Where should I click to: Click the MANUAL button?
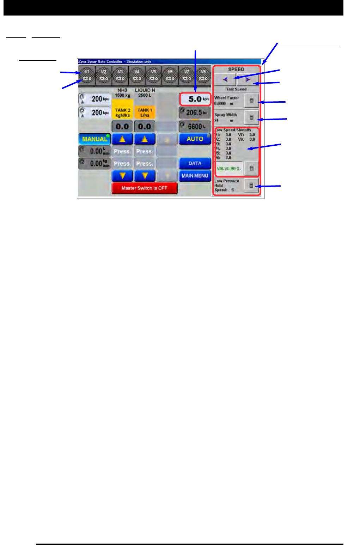(94, 139)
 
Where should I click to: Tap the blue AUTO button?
(195, 139)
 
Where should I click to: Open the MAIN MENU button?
(195, 176)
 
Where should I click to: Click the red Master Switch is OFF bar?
(144, 188)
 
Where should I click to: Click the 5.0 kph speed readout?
(195, 99)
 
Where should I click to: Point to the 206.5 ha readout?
(195, 113)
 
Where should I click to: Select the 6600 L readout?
(195, 127)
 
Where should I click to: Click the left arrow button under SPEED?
(225, 80)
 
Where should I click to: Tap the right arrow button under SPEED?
(248, 80)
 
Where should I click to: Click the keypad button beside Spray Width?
(251, 117)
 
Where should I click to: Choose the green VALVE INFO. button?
(228, 168)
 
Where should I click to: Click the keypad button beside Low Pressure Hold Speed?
(251, 185)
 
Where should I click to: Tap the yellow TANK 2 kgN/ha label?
(122, 113)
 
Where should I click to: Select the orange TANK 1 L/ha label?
(145, 113)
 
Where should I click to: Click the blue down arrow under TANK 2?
(122, 176)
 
